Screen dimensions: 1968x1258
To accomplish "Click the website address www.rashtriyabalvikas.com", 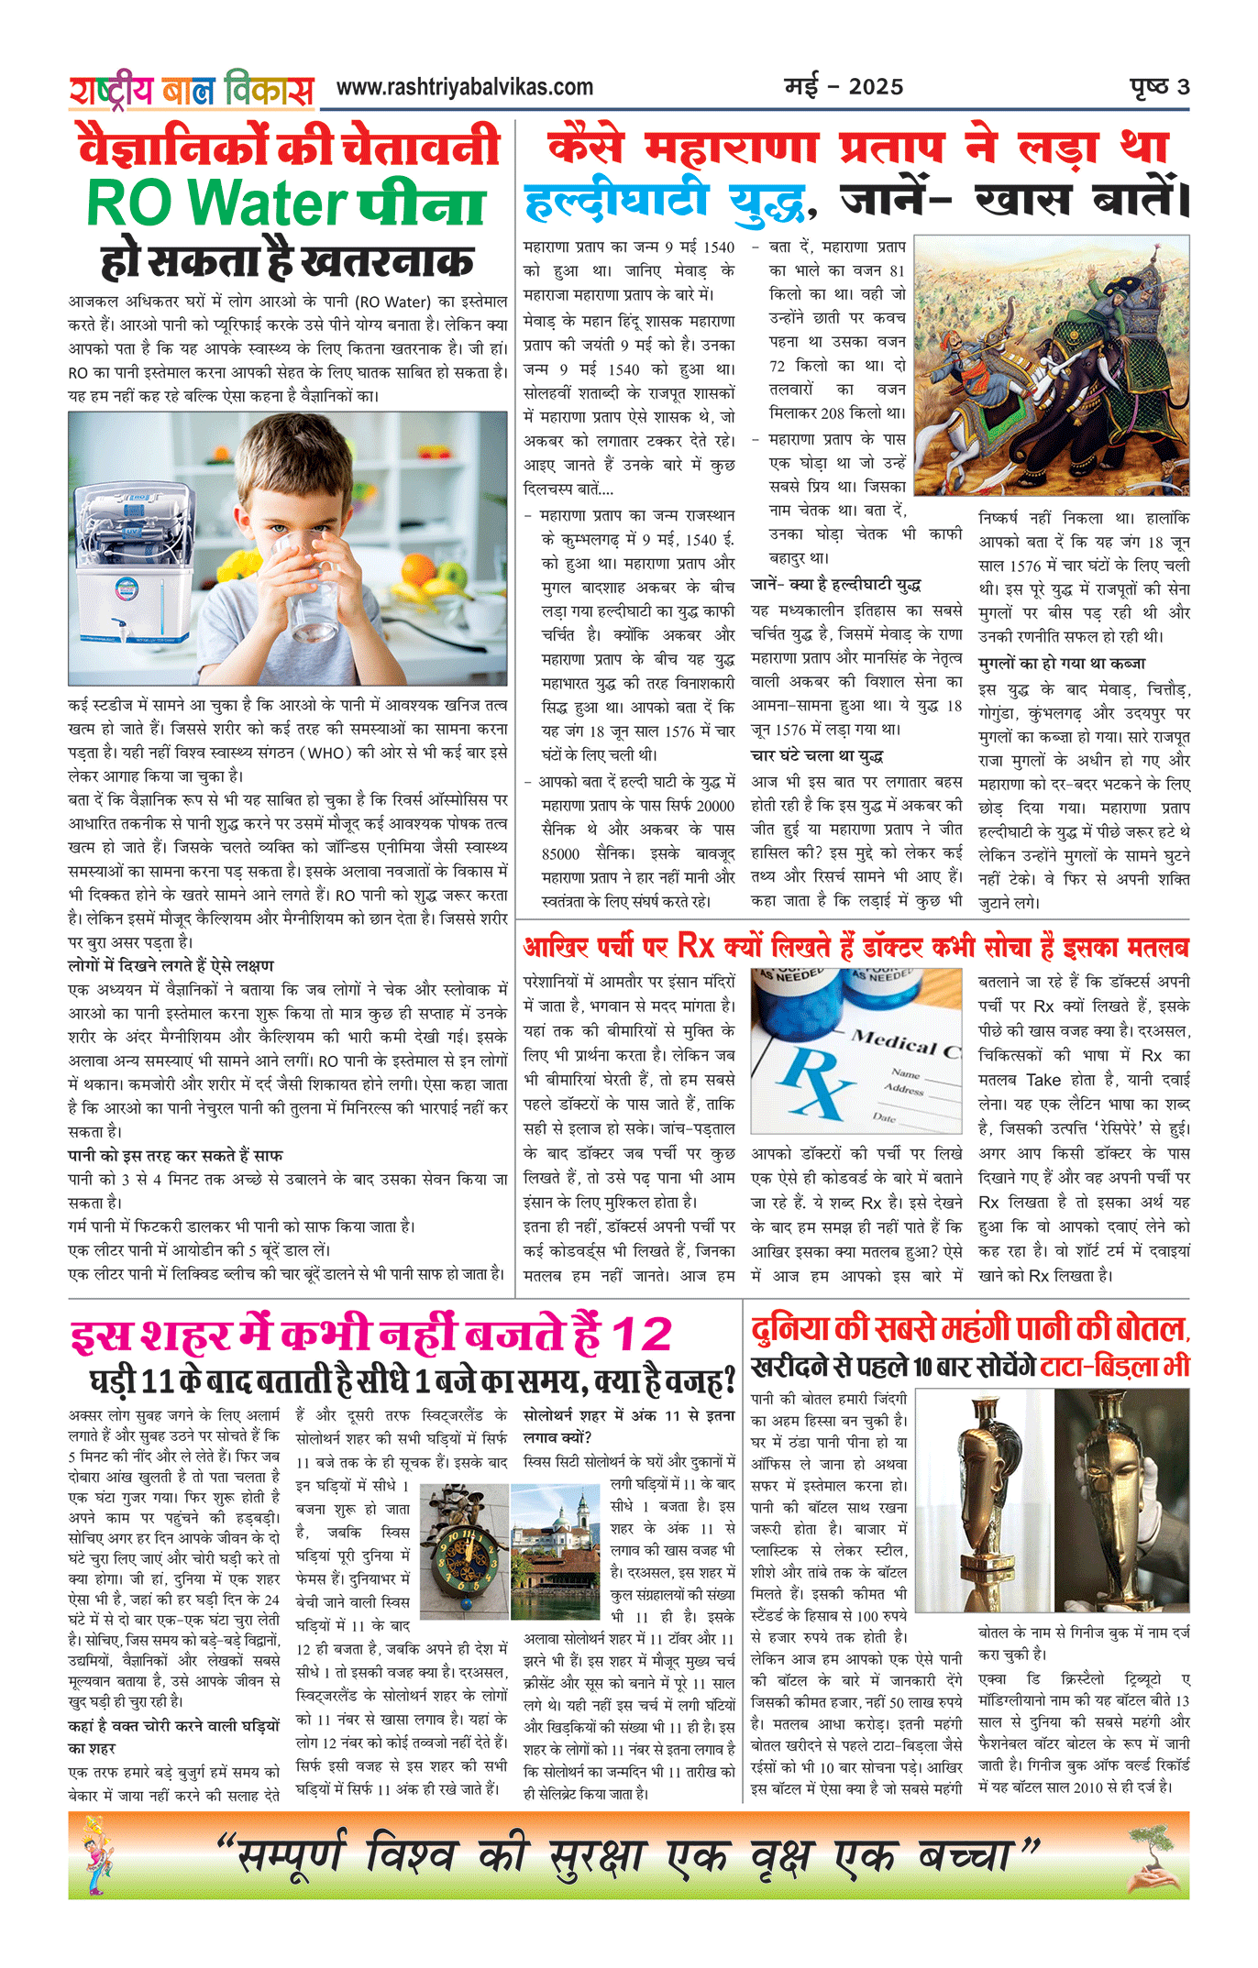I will coord(465,88).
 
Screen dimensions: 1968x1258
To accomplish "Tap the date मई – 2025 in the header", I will coord(844,87).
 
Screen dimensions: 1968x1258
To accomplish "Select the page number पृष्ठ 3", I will coord(1159,87).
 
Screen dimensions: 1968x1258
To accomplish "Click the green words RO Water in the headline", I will coord(216,203).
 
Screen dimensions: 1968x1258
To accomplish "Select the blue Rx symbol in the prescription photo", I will coord(807,1082).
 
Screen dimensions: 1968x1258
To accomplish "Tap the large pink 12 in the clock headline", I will coord(641,1335).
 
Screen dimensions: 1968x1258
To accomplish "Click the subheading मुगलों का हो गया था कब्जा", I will coord(1061,664).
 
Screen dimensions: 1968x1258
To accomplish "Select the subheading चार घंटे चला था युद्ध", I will coord(816,756).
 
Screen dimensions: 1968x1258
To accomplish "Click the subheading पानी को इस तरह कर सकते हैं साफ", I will coord(175,1156).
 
